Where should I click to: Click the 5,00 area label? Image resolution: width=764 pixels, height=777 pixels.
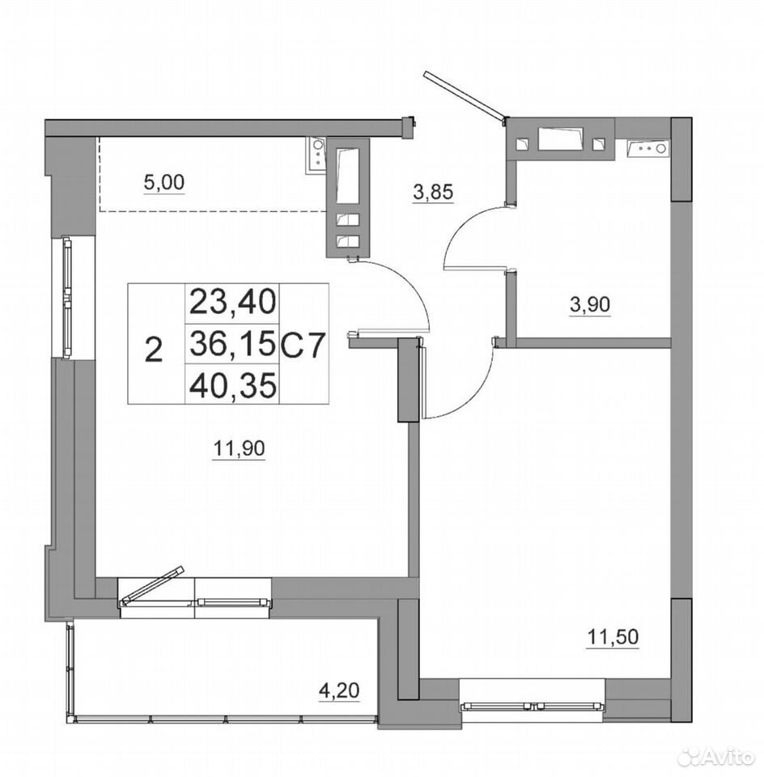coord(163,183)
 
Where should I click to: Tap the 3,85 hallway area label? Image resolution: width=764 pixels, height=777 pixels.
coord(433,191)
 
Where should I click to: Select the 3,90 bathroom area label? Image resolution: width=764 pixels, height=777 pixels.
coord(590,304)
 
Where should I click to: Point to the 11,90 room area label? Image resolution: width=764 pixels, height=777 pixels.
coord(240,448)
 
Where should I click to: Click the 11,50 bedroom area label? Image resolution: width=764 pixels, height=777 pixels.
coord(613,637)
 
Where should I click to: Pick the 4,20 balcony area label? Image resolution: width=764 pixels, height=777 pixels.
coord(339,690)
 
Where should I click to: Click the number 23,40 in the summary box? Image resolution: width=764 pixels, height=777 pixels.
coord(232,303)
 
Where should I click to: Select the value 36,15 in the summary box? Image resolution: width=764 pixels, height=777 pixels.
coord(232,343)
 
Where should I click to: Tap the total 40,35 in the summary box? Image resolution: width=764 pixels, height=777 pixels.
coord(232,384)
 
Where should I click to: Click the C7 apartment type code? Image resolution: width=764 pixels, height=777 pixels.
coord(303,343)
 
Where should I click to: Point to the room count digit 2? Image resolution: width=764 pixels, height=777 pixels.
coord(155,350)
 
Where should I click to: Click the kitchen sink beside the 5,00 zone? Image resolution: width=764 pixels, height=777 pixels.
coord(316,155)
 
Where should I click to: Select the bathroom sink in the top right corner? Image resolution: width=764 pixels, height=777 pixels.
coord(647,148)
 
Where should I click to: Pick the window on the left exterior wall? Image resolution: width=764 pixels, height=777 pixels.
coord(67,297)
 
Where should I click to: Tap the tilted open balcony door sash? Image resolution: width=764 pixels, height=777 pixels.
coord(152,585)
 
